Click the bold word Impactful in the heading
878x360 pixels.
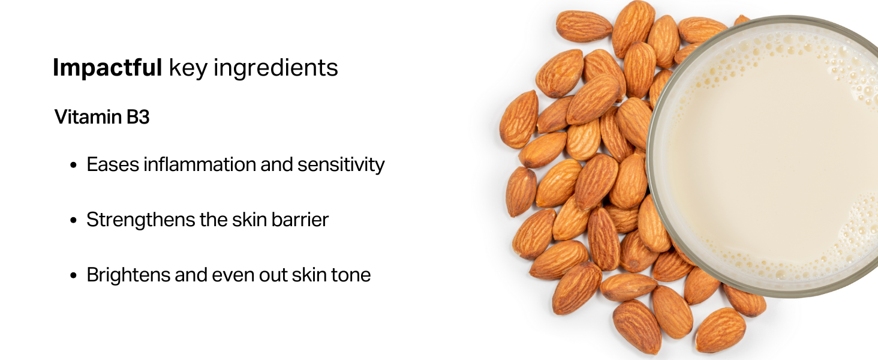click(107, 68)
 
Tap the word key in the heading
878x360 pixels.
click(188, 68)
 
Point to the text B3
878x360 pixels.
click(138, 117)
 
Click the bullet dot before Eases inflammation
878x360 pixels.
click(74, 166)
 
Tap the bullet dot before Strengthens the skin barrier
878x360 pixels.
click(74, 221)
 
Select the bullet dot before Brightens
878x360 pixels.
click(74, 276)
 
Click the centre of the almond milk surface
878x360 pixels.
click(774, 156)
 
